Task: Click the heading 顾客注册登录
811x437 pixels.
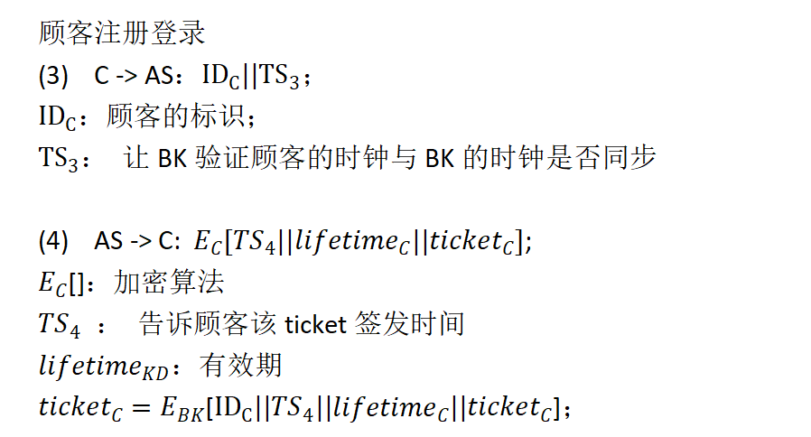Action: [x=123, y=34]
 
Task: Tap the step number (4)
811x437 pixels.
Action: [x=53, y=241]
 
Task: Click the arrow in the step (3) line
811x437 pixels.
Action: [x=126, y=77]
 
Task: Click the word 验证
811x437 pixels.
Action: [x=216, y=158]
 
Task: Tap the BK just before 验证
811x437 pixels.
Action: [x=171, y=159]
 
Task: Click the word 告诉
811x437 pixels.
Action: [x=162, y=323]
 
